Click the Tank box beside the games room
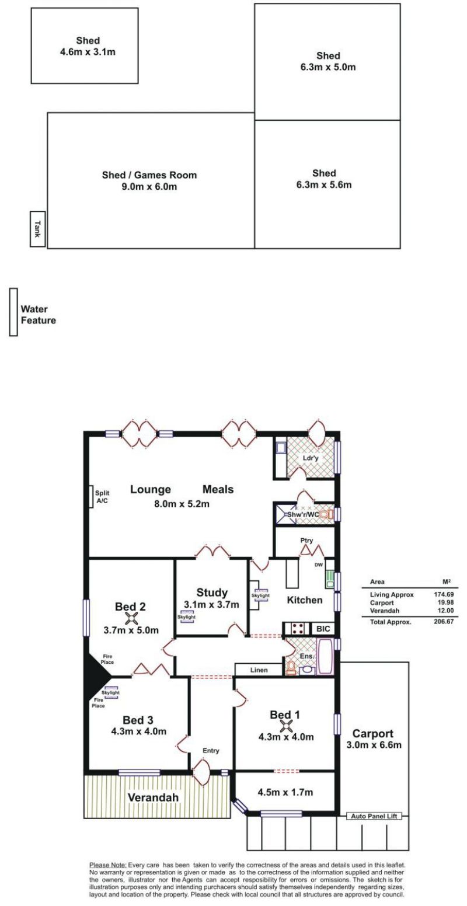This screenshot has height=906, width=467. [x=37, y=229]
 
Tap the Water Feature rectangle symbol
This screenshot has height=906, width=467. [x=14, y=312]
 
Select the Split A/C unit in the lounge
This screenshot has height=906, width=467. [x=91, y=496]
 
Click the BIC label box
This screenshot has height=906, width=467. [x=323, y=629]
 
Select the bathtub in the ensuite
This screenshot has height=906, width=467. [x=326, y=657]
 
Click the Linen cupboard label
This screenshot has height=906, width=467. [x=259, y=670]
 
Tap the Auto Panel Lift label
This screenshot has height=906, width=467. [x=374, y=816]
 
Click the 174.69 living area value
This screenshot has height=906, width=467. [x=444, y=594]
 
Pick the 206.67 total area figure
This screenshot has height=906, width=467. [x=444, y=621]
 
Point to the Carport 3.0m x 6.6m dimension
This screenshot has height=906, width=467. [x=374, y=745]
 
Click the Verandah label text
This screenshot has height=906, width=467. [x=154, y=797]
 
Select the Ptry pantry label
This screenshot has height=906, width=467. [x=306, y=541]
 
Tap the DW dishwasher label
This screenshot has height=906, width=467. [x=319, y=565]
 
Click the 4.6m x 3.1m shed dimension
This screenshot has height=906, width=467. [x=88, y=52]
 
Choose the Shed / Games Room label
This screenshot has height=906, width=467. [x=149, y=175]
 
